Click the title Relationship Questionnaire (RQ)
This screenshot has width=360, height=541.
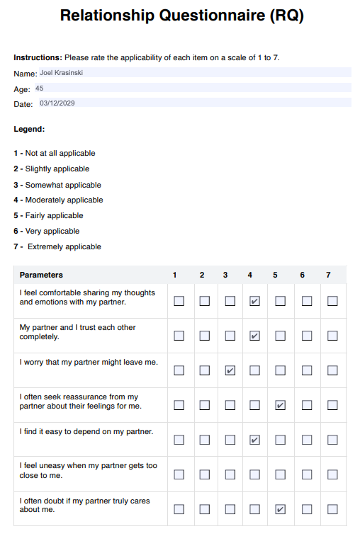click(x=181, y=16)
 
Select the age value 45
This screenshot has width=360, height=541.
click(x=39, y=89)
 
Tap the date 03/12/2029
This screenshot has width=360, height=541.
click(x=57, y=103)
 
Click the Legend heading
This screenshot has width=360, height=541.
click(x=29, y=129)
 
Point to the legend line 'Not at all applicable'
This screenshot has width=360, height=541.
click(x=60, y=153)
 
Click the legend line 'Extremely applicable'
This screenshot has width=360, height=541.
click(x=64, y=246)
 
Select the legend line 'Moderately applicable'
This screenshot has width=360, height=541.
click(x=64, y=200)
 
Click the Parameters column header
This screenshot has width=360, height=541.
click(x=41, y=275)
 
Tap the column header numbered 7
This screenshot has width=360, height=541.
click(x=327, y=275)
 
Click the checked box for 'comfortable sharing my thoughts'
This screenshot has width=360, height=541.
click(x=254, y=301)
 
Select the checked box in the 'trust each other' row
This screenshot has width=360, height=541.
click(x=254, y=336)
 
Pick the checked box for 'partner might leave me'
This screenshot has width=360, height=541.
click(x=230, y=370)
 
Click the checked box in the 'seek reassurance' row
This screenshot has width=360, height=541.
click(x=281, y=405)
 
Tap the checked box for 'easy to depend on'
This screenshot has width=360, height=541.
click(x=254, y=440)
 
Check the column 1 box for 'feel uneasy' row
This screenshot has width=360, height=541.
click(x=179, y=474)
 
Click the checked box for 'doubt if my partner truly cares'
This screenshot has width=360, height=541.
click(x=281, y=509)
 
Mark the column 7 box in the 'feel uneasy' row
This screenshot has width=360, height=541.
click(x=332, y=474)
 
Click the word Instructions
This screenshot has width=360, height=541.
click(x=37, y=57)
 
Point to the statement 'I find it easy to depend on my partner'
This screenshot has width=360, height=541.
click(x=86, y=431)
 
